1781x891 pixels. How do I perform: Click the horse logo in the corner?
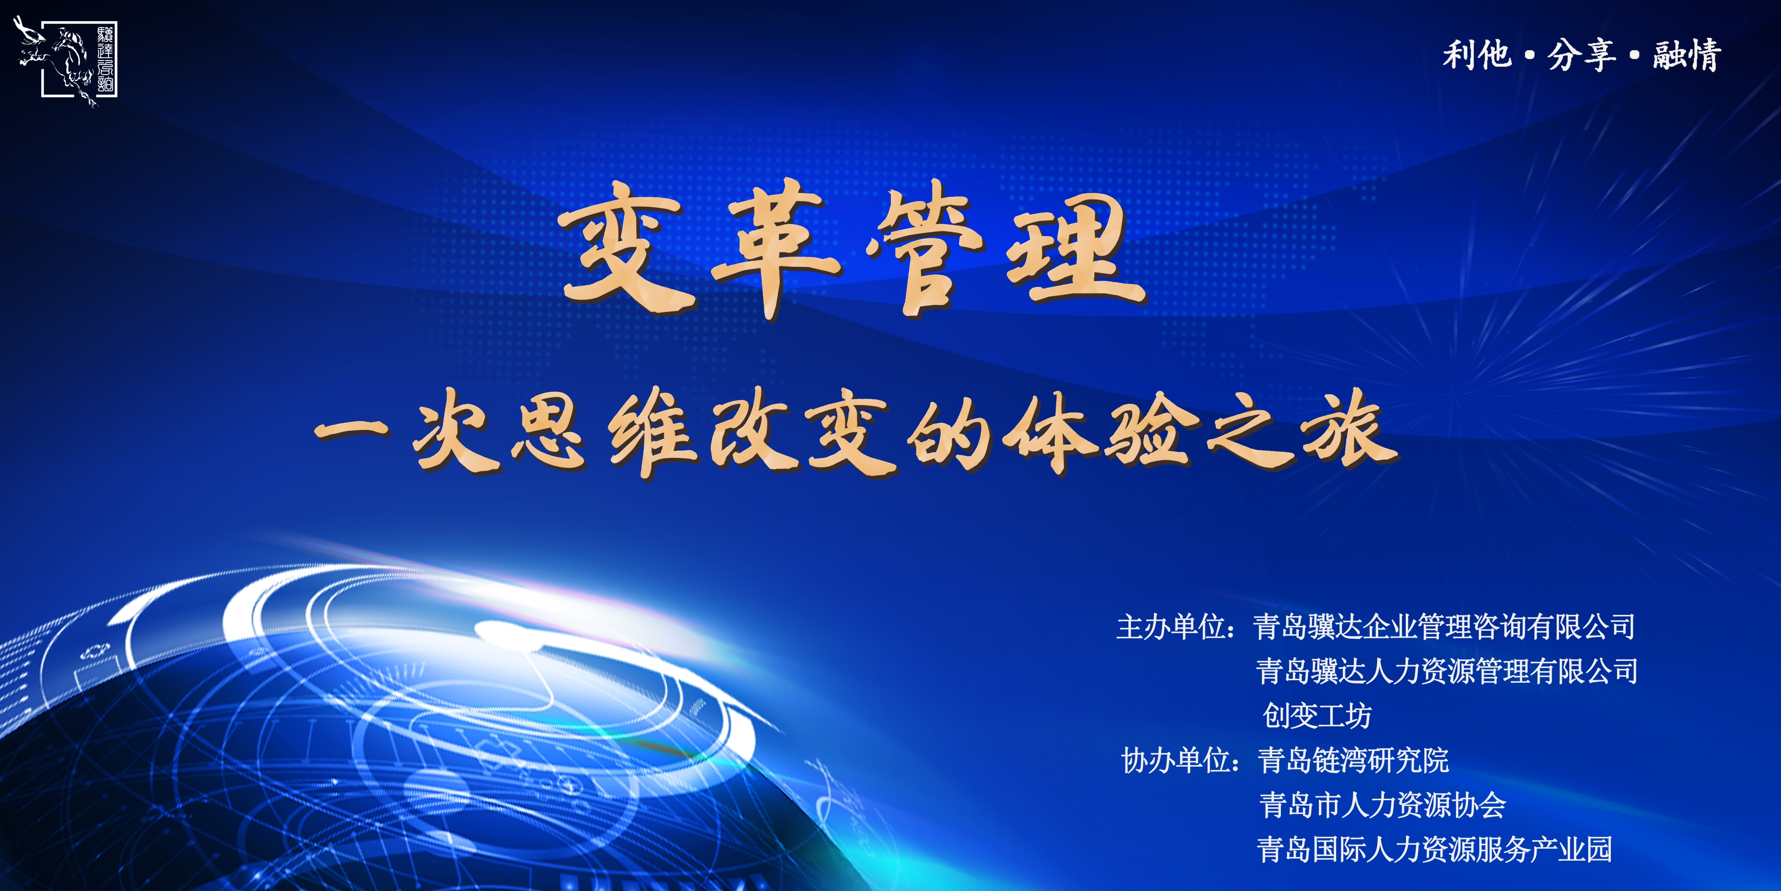pos(66,61)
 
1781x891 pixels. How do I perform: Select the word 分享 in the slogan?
pos(1581,55)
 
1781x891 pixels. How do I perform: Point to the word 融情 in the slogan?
pos(1687,55)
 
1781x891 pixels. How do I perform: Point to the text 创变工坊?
pos(1317,715)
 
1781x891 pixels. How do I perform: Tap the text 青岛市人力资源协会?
pos(1382,805)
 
